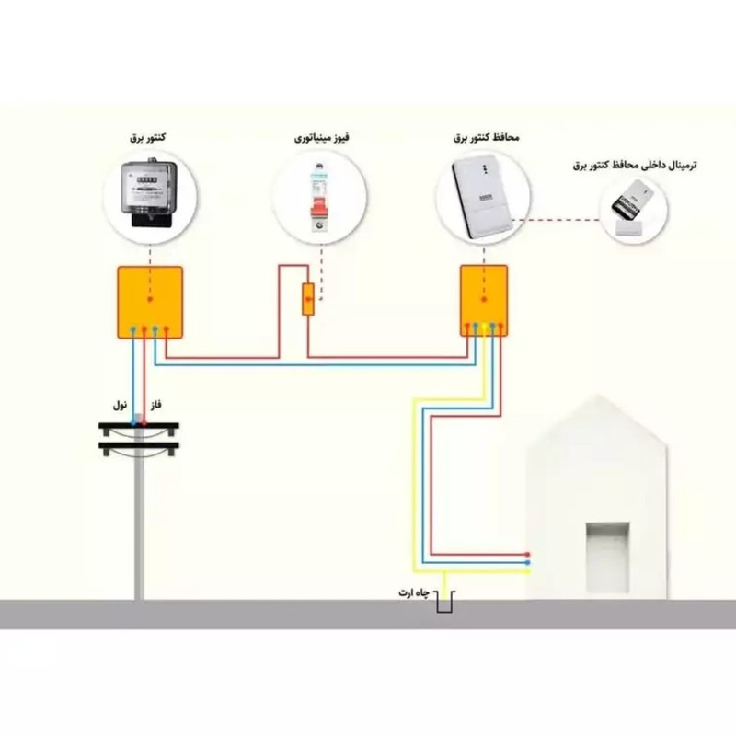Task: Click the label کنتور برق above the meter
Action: click(x=148, y=138)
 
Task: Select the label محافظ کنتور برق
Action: click(x=486, y=137)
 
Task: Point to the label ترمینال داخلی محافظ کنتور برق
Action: click(x=635, y=165)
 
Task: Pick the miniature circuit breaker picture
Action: click(x=318, y=195)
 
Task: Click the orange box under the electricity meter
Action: click(x=149, y=301)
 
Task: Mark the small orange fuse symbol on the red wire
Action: click(x=308, y=300)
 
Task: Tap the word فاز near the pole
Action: click(x=155, y=406)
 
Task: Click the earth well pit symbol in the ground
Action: click(x=445, y=604)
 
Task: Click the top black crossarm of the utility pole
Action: click(x=139, y=426)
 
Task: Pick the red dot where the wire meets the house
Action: click(x=527, y=555)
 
